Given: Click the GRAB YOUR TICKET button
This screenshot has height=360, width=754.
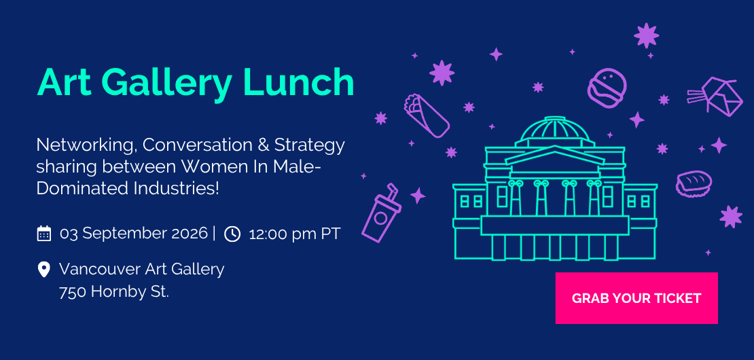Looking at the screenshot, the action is [636, 298].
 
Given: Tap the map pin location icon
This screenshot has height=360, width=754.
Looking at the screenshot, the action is [43, 269].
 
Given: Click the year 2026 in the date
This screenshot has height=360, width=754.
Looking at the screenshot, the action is [190, 234].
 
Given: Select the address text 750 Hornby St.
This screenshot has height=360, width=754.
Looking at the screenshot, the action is [114, 291].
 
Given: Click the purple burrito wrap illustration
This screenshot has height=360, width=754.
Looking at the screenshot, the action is [427, 115].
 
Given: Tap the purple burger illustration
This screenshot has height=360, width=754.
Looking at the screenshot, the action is [607, 88].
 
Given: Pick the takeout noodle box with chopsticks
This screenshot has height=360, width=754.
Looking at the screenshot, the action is [715, 96].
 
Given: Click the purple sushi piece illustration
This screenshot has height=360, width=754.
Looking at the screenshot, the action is [694, 183].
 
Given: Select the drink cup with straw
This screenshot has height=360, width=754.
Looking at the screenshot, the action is [382, 212].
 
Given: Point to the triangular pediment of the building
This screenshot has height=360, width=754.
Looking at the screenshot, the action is [554, 156].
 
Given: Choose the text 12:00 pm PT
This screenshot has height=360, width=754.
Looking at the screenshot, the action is [295, 234].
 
